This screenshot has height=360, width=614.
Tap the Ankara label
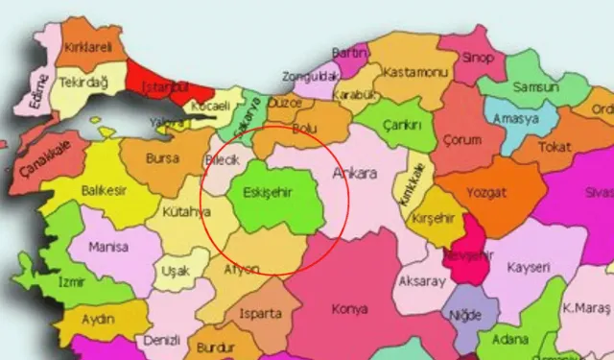coord(354,174)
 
